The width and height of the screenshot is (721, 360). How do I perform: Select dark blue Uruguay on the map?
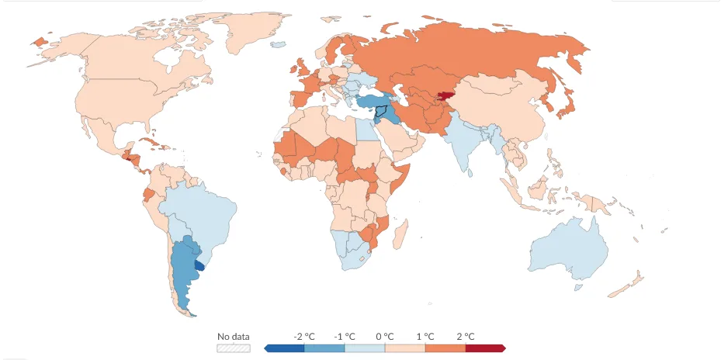coord(199,265)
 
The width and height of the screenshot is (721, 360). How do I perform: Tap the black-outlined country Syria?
coord(383,112)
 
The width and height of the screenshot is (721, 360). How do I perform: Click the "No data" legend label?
coord(234,337)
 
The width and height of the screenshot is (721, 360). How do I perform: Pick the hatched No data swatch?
coord(234,348)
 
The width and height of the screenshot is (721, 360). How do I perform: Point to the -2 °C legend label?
coord(304,337)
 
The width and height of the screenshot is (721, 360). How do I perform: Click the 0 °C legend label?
coord(385,337)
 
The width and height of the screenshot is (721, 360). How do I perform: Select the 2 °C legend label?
coord(466,337)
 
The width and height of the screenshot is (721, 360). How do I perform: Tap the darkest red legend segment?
coord(486,348)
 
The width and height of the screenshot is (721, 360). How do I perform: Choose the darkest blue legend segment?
coord(284,348)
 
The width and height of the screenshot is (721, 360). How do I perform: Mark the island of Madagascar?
coord(400,234)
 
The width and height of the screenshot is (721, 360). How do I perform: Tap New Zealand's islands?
coord(626,285)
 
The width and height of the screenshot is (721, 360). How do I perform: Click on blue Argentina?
coord(184,272)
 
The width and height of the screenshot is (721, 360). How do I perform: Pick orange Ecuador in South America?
coord(148,194)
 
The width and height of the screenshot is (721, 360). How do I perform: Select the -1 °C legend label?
coord(345,337)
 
